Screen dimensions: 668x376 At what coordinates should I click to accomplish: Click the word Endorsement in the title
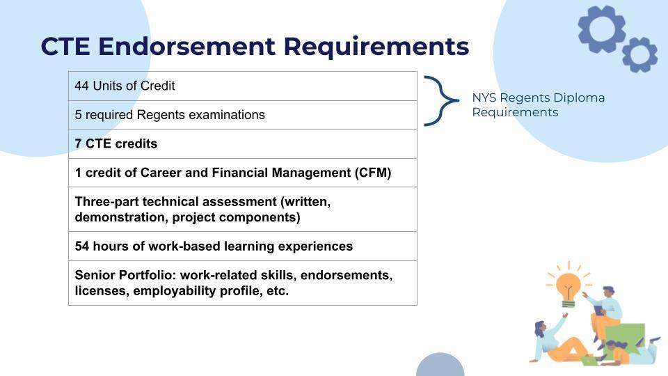186,46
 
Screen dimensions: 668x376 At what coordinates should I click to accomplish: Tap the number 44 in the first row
82,86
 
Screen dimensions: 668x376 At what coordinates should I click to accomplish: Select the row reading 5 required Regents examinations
242,115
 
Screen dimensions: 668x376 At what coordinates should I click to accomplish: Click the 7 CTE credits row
242,143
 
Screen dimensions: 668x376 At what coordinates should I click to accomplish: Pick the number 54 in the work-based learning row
82,246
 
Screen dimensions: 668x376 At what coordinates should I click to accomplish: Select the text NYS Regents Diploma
538,97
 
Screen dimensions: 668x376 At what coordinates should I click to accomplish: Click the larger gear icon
601,29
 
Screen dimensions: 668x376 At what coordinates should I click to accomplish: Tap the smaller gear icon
639,54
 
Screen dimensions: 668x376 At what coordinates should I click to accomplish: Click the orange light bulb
568,288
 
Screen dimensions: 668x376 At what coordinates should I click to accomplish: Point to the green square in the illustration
626,339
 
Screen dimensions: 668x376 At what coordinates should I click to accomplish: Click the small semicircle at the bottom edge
440,365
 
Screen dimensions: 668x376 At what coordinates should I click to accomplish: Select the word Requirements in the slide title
376,47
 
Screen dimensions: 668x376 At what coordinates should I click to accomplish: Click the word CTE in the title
65,46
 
